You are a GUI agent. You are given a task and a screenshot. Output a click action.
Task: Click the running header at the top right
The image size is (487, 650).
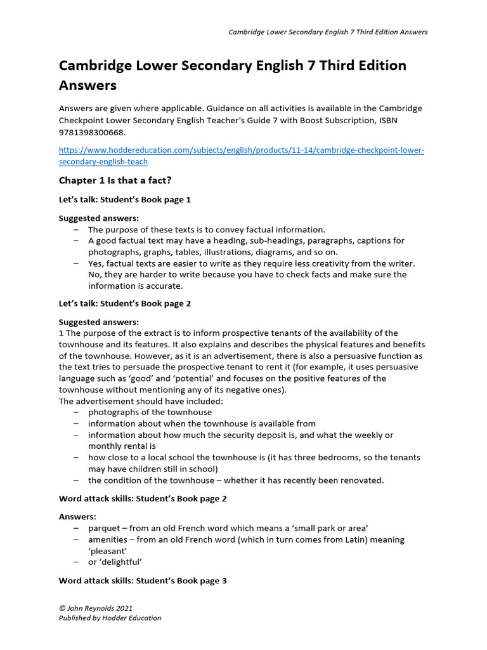click(328, 32)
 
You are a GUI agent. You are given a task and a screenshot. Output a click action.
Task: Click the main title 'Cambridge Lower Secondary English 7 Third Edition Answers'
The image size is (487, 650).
click(232, 74)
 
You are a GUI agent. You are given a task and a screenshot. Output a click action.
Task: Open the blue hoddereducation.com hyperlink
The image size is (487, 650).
click(241, 156)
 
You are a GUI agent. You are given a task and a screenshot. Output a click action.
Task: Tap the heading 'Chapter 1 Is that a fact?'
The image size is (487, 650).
click(115, 180)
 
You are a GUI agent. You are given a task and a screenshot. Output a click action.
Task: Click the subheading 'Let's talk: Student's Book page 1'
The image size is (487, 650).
click(124, 199)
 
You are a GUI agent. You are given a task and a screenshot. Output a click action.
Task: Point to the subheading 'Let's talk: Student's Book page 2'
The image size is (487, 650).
click(124, 303)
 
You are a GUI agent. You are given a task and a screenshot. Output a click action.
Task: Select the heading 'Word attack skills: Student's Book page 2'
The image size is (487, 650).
click(143, 499)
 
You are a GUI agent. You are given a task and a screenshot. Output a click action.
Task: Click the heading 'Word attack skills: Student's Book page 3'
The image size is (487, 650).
click(143, 580)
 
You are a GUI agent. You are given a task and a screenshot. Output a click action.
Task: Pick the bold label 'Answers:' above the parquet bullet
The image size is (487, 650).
click(77, 517)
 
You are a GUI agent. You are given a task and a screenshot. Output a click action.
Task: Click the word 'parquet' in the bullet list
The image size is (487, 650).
click(103, 528)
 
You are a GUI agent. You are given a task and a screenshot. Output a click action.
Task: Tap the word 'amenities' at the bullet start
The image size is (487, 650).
click(108, 540)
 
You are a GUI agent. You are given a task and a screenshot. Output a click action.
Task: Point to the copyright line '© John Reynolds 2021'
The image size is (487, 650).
click(95, 607)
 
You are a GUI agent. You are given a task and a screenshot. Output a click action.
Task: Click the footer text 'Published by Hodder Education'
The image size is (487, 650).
click(110, 618)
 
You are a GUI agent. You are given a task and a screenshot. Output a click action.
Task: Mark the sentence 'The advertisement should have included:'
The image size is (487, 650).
click(141, 401)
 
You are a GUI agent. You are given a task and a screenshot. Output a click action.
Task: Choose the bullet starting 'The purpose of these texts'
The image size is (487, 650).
click(206, 229)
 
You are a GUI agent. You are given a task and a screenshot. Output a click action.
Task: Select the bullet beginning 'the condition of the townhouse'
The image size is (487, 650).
click(236, 481)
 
